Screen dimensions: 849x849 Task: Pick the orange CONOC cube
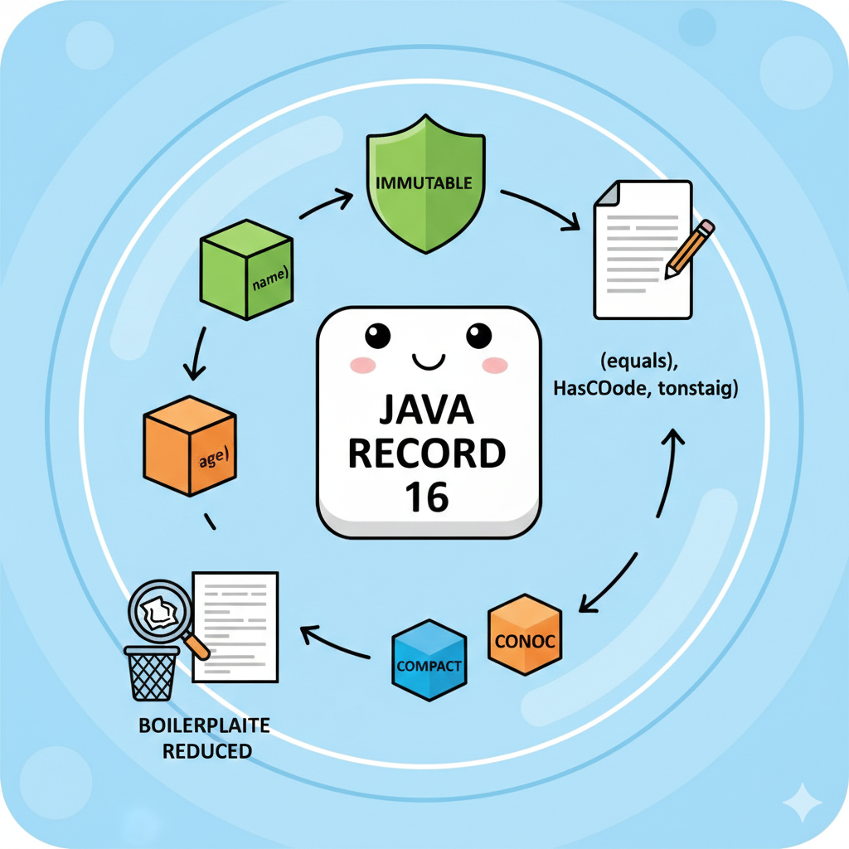tap(525, 635)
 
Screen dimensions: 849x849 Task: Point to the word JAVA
tap(428, 411)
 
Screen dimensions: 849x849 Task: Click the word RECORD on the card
tap(428, 454)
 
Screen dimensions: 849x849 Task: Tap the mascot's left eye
tap(377, 335)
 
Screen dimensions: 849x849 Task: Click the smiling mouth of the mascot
tap(428, 360)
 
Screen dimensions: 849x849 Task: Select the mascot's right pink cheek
tap(493, 365)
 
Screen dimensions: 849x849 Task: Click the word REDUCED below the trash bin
tap(207, 751)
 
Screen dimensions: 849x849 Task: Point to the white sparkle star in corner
tap(802, 802)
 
